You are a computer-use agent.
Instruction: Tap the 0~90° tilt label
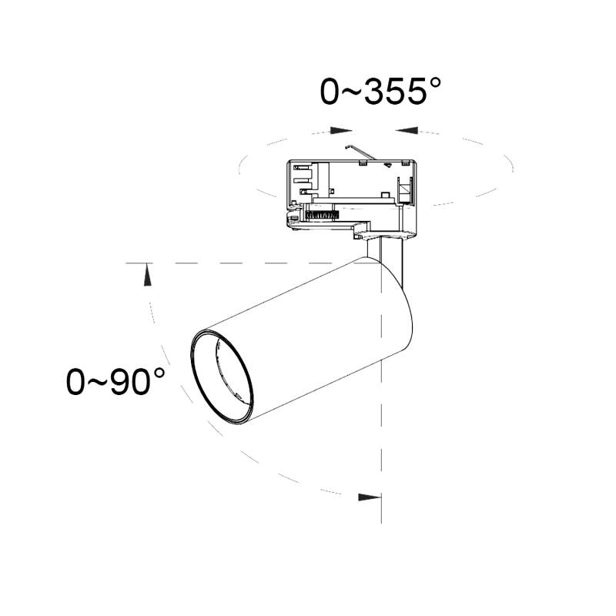(x=115, y=381)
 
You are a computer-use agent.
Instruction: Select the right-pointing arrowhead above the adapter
(x=340, y=130)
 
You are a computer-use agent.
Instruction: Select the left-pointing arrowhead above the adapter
(x=407, y=130)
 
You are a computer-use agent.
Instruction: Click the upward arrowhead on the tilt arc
(x=147, y=275)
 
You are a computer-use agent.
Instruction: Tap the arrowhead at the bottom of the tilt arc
(x=370, y=497)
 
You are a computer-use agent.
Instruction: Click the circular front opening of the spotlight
(x=223, y=377)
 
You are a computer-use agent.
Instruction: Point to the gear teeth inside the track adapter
(x=322, y=215)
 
